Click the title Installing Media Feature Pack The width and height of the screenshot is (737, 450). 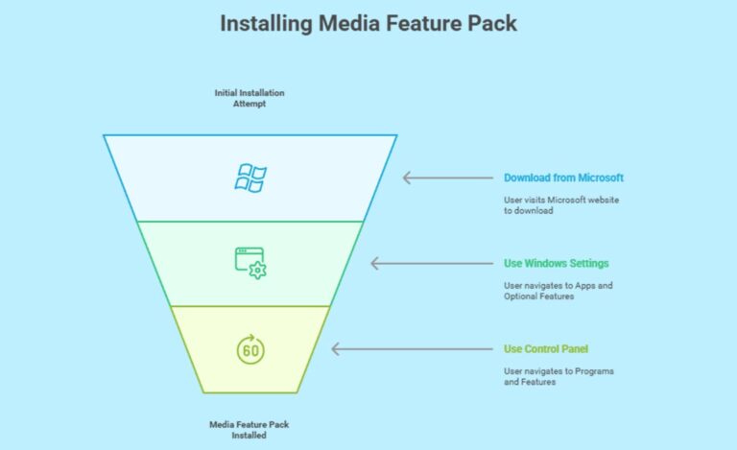pos(368,23)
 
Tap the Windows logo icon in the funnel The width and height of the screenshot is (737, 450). pos(251,178)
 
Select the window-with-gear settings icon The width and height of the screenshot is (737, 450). pos(250,263)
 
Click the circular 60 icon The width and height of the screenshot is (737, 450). pos(250,350)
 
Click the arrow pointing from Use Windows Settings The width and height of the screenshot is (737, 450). pos(415,263)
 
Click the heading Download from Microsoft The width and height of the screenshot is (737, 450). pos(563,178)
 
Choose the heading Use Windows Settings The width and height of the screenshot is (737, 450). pos(556,263)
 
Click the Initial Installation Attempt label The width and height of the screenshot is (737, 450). pos(250,98)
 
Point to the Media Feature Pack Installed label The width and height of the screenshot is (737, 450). pos(250,429)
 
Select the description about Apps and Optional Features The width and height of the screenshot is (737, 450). pos(559,292)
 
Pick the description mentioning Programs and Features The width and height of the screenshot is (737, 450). pos(559,377)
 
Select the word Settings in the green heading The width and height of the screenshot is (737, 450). pos(587,263)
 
